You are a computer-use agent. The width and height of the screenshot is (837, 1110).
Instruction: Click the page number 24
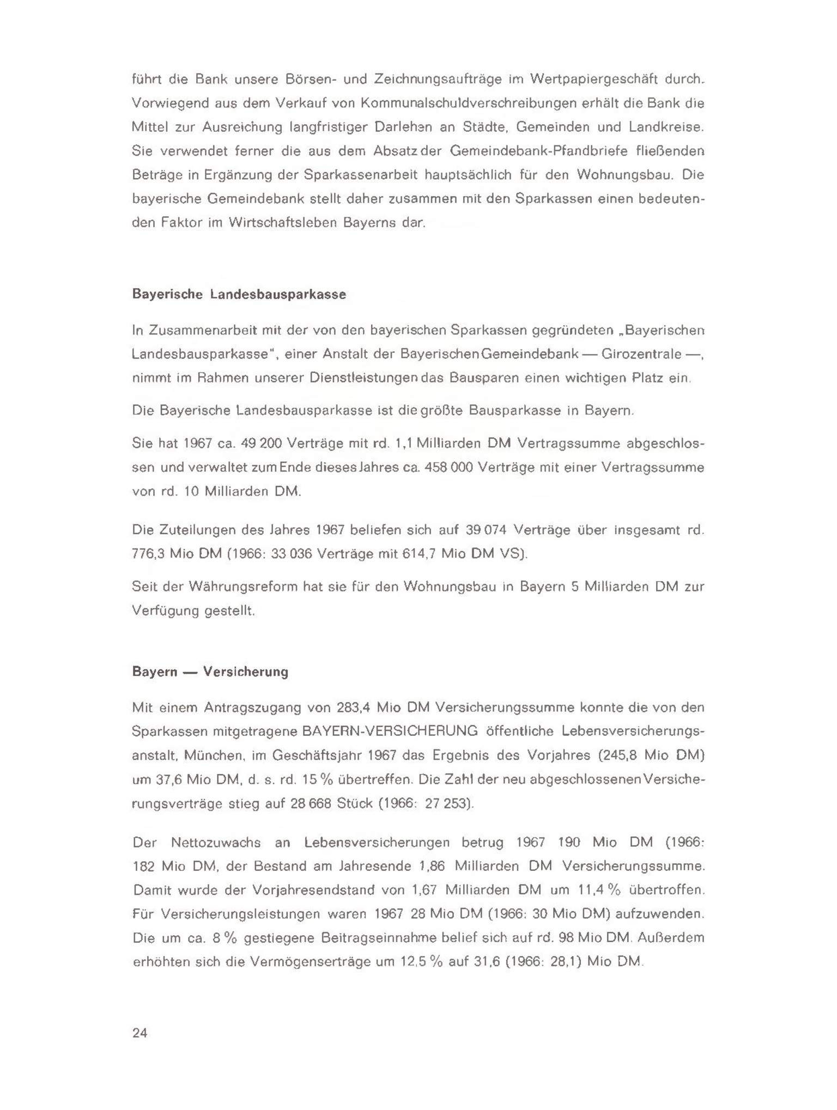coord(139,1033)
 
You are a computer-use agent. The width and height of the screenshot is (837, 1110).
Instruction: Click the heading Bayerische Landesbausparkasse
coord(239,295)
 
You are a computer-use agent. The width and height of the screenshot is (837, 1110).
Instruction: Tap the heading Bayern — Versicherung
coord(210,672)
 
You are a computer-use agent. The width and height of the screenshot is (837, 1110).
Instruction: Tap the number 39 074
coord(487,529)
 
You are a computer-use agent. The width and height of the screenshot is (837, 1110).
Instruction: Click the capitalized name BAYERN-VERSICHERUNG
coord(390,731)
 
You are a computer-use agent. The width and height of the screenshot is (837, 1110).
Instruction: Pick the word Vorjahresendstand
coord(313,891)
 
